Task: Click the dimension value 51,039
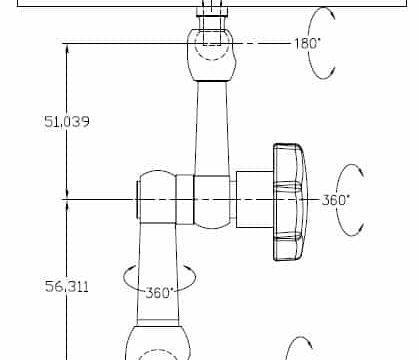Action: click(x=67, y=121)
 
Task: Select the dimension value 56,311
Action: click(x=67, y=286)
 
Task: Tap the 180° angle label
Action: click(x=307, y=43)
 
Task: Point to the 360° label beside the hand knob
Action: click(x=335, y=200)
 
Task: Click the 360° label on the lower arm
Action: click(x=160, y=293)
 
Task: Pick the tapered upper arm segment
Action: click(x=212, y=128)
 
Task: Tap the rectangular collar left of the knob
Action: click(x=255, y=199)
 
